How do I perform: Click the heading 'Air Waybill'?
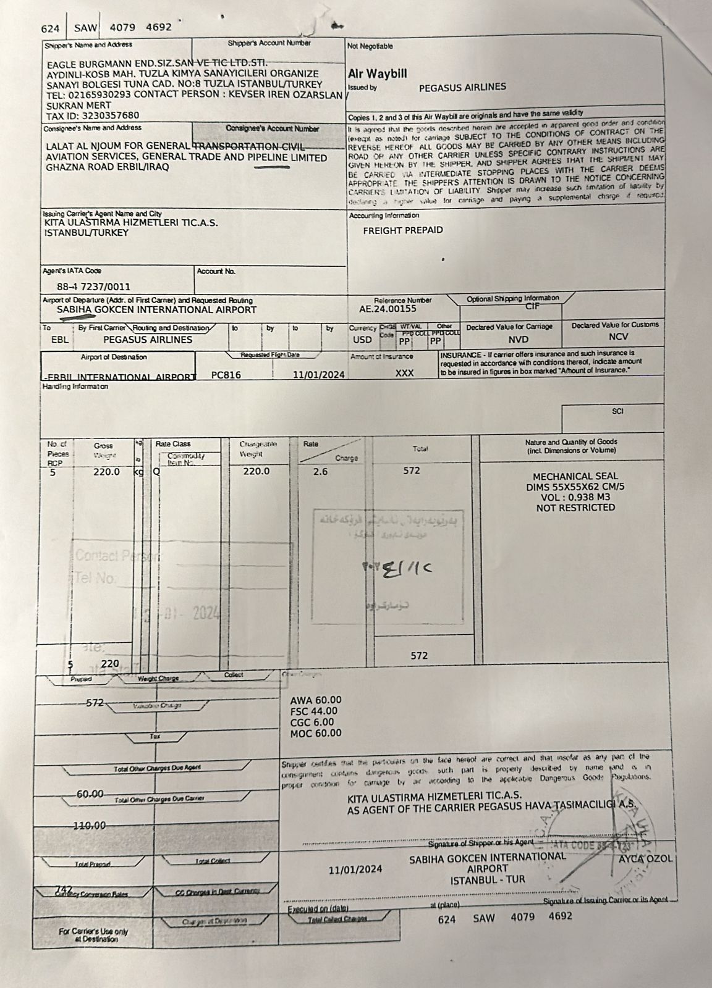[378, 73]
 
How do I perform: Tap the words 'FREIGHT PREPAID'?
[403, 230]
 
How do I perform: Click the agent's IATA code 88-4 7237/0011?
[94, 287]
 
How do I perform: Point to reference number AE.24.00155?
[388, 309]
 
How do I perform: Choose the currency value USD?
[362, 340]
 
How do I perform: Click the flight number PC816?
[226, 375]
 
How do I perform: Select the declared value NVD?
[519, 340]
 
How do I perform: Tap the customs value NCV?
[617, 337]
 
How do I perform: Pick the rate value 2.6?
[321, 471]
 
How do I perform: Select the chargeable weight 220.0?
[256, 471]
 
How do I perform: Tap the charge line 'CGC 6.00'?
[311, 722]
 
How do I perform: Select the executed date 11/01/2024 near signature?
[355, 869]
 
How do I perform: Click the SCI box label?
[617, 412]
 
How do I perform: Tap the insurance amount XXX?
[404, 373]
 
